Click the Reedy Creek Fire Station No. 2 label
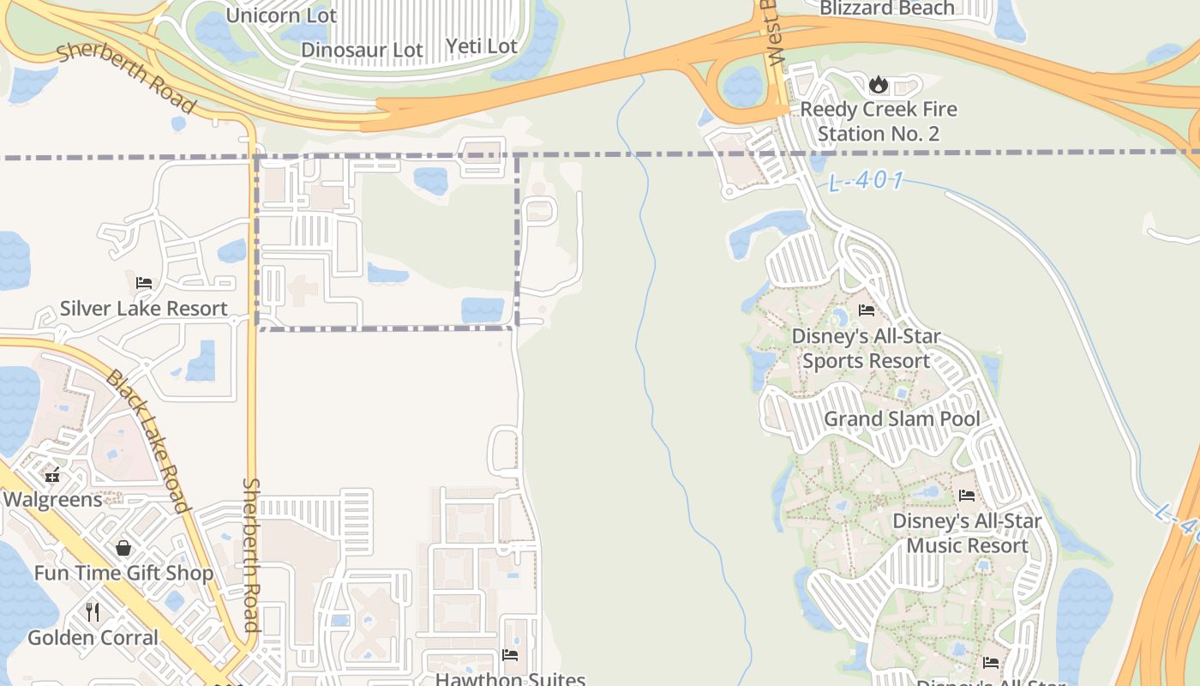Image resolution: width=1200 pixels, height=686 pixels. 879,122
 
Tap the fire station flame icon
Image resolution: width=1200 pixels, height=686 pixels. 878,84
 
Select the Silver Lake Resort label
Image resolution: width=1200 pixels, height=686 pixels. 144,309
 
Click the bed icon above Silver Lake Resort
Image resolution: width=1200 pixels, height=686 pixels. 144,283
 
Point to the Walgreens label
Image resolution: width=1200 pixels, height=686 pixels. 52,499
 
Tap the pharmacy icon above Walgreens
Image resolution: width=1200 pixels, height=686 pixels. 52,474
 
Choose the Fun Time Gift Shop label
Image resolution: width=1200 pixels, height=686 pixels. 123,573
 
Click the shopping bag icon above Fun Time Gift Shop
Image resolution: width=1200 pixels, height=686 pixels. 123,548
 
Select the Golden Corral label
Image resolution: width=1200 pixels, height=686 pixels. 93,638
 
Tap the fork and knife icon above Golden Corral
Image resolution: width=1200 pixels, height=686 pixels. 93,612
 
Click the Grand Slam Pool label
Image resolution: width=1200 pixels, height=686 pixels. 902,419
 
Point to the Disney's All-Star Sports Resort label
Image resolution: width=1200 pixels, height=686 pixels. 866,348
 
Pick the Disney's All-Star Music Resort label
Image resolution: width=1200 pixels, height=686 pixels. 967,533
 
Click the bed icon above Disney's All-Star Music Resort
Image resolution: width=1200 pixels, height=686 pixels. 967,495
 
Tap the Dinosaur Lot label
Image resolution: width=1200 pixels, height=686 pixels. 362,51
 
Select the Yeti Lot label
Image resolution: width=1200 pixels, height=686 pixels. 482,46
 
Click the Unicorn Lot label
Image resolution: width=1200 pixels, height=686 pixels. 281,15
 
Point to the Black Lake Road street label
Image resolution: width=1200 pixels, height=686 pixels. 147,441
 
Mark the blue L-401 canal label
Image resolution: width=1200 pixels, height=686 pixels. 867,181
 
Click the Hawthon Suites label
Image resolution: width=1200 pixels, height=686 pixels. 510,679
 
